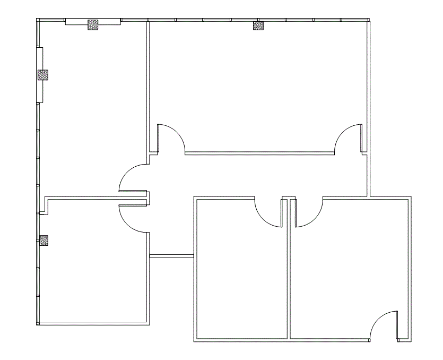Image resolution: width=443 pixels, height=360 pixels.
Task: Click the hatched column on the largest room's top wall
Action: (258, 25)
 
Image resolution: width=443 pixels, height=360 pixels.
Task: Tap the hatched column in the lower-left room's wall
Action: (44, 240)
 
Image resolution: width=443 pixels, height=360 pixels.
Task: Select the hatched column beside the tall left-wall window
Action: (43, 75)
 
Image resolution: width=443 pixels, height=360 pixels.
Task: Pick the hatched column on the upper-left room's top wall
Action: (93, 24)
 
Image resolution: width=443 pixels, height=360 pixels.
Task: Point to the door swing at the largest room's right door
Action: (349, 139)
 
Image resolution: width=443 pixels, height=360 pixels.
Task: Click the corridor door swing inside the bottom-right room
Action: (308, 212)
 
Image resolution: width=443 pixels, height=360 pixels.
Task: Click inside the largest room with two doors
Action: (258, 85)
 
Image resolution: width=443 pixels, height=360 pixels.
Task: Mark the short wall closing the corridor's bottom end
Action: (171, 256)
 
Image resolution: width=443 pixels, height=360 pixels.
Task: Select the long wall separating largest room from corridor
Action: (260, 153)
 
